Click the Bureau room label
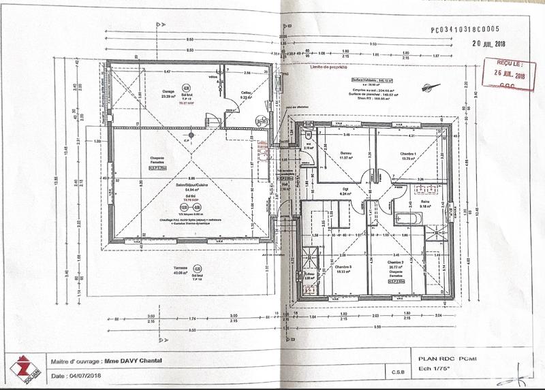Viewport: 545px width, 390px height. tap(345, 153)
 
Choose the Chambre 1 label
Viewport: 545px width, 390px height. tap(407, 153)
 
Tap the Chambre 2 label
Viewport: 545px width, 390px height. tap(396, 262)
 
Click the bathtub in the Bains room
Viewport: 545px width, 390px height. tap(407, 217)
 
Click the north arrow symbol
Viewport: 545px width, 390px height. tap(427, 87)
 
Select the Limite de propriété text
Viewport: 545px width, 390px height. tap(329, 68)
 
